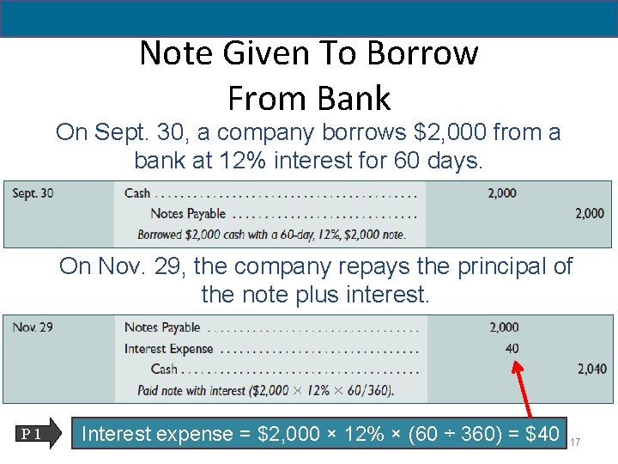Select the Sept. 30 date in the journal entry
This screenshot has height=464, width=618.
[33, 193]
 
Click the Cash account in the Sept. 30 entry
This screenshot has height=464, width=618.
[137, 193]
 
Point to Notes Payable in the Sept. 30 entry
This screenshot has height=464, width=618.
[188, 214]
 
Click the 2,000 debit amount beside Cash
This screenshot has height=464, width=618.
[502, 193]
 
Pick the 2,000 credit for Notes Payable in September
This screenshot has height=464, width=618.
[590, 213]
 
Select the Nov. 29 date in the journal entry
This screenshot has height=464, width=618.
[33, 327]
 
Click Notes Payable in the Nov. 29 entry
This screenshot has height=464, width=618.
[162, 327]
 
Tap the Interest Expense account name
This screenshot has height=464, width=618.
[168, 348]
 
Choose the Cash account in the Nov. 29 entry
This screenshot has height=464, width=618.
[164, 369]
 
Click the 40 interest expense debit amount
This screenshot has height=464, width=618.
[512, 348]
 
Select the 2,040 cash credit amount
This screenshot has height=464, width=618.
[592, 369]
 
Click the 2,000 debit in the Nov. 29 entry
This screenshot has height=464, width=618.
[504, 327]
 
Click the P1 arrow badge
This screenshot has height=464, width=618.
[39, 434]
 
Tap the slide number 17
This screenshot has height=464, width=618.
[575, 442]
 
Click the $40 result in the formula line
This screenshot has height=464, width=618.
[542, 434]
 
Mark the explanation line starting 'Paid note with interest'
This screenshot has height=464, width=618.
[265, 391]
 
